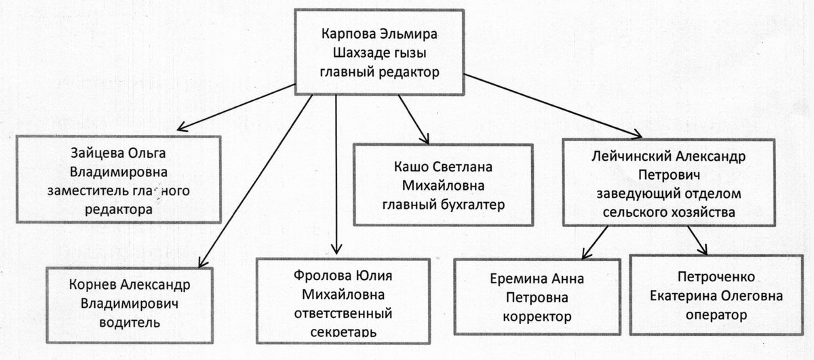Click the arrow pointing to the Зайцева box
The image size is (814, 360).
pyautogui.click(x=237, y=105)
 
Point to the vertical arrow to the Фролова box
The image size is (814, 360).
pyautogui.click(x=336, y=169)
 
